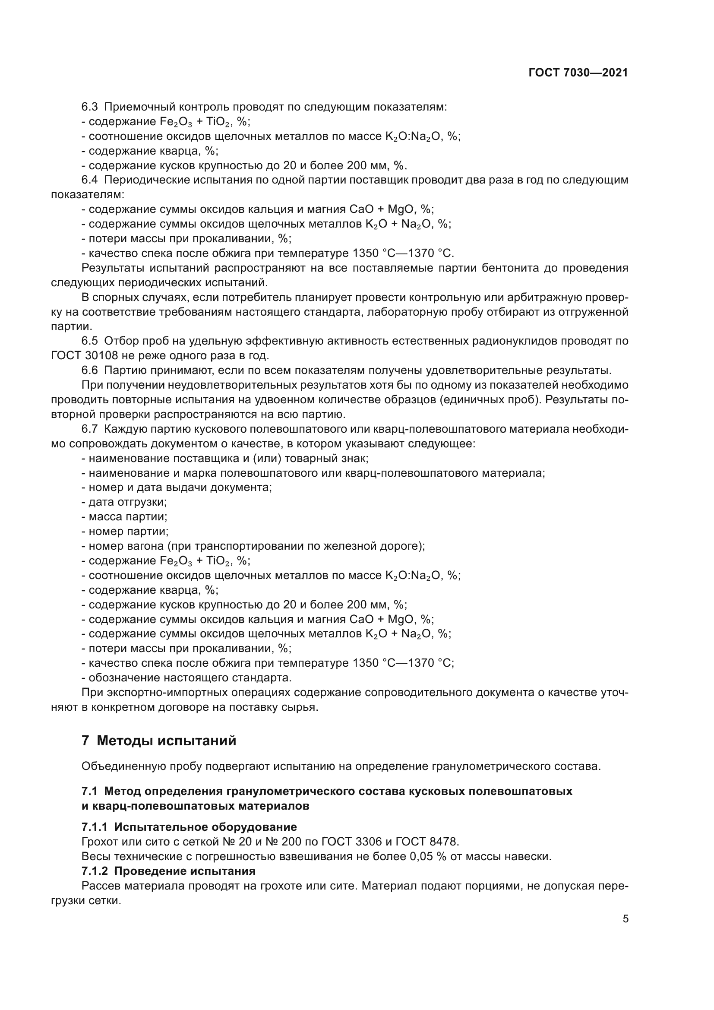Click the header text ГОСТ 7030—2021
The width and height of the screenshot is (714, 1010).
click(578, 73)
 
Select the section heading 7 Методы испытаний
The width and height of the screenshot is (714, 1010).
click(159, 740)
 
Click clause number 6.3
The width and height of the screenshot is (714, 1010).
click(90, 107)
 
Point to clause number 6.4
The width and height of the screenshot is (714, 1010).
click(90, 180)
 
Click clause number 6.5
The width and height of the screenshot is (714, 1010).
click(90, 341)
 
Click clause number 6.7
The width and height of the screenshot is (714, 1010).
click(90, 429)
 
